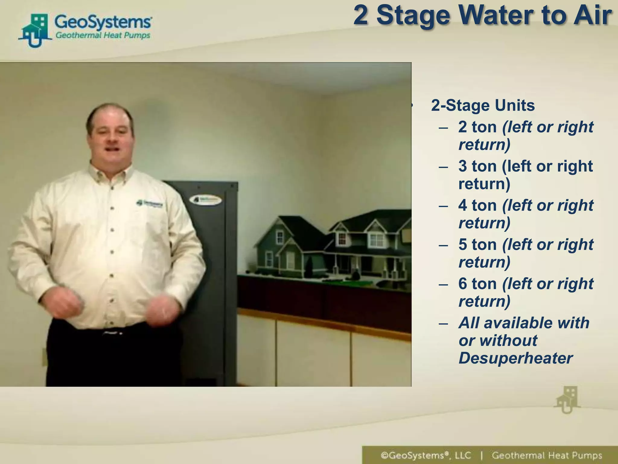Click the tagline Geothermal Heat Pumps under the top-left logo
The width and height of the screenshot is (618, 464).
click(103, 35)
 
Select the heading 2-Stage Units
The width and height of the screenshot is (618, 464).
click(483, 105)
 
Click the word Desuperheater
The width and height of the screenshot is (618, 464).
click(515, 358)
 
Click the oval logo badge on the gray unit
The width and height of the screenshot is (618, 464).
click(205, 200)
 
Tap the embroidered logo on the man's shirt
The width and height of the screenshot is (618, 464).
click(149, 204)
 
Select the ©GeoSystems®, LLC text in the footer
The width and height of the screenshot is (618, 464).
click(425, 455)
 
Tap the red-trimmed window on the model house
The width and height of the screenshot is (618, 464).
click(342, 239)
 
